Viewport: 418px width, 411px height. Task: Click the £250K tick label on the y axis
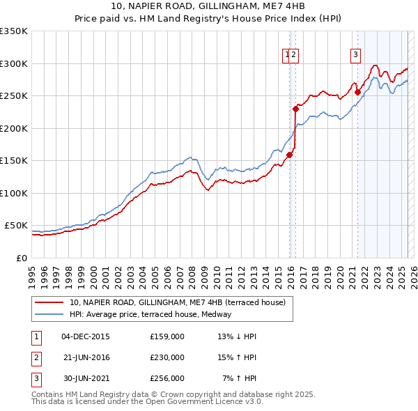[x=14, y=95]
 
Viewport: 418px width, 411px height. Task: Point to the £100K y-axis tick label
[x=14, y=193]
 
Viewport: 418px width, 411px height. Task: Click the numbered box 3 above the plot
[x=355, y=55]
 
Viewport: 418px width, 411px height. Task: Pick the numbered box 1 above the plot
[x=286, y=55]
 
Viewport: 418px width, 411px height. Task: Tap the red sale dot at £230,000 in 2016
[x=295, y=108]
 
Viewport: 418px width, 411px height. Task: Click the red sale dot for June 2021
[x=357, y=91]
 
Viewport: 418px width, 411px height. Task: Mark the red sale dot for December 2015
[x=289, y=155]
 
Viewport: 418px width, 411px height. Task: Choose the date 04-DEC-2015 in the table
[x=86, y=336]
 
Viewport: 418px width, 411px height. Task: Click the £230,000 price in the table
[x=167, y=357]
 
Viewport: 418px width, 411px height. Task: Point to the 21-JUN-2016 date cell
[x=86, y=357]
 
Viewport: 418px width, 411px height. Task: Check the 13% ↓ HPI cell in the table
[x=237, y=336]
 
